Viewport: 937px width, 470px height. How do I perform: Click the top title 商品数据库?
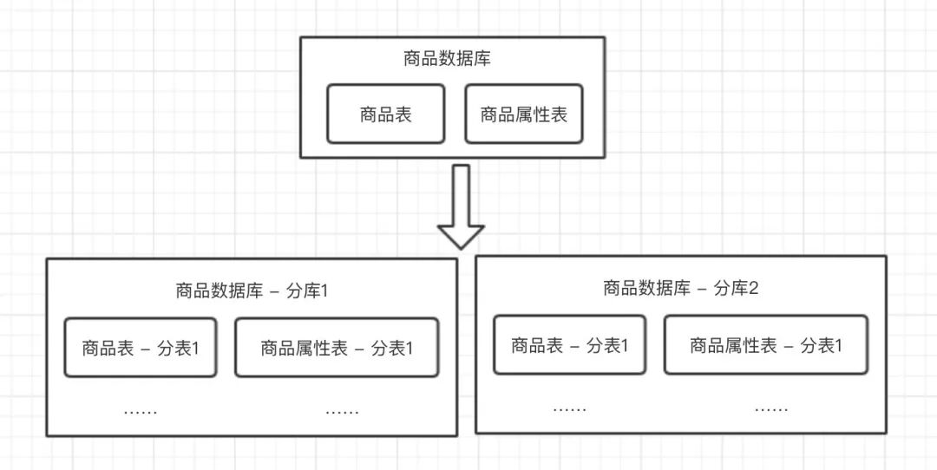coord(449,60)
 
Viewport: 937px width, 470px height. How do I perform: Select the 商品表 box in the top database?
coord(385,114)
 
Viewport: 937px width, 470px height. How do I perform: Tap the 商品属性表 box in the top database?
coord(523,114)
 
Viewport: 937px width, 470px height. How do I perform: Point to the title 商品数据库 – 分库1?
coord(252,291)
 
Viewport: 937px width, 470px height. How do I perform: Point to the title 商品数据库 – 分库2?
coord(680,289)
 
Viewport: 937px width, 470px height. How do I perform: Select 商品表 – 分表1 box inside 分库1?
coord(141,349)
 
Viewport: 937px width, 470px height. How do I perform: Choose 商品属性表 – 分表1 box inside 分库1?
coord(337,349)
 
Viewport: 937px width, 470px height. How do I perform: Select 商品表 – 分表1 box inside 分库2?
coord(569,345)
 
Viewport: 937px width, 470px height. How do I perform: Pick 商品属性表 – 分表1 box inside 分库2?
coord(766,345)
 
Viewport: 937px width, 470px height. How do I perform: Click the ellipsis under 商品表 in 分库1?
coord(141,411)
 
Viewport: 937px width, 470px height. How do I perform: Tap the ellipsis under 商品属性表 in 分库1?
coord(342,411)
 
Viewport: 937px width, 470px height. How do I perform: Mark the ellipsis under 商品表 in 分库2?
coord(569,408)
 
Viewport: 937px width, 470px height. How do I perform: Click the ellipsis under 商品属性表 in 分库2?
coord(771,408)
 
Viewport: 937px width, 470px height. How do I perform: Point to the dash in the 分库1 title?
coord(275,292)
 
